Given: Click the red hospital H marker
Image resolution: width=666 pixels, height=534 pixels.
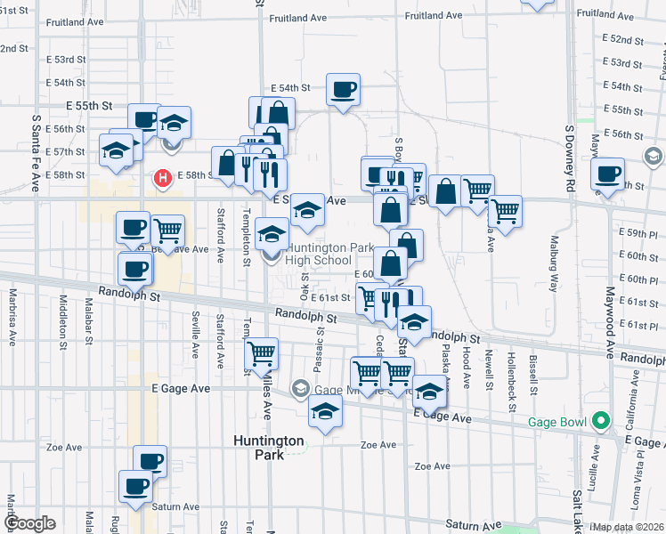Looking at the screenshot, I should click(x=163, y=179).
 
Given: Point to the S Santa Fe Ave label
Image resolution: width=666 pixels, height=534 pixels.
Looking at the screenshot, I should click(x=37, y=152).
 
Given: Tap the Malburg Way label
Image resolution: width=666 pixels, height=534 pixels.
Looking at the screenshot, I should click(x=552, y=271).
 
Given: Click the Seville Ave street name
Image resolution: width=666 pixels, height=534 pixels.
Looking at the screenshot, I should click(x=195, y=335).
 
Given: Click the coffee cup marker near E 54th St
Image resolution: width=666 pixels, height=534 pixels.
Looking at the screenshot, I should click(x=343, y=90).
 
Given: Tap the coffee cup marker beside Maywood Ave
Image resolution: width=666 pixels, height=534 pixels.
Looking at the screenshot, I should click(x=609, y=174).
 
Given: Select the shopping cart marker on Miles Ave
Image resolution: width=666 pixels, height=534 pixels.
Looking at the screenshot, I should click(x=262, y=354).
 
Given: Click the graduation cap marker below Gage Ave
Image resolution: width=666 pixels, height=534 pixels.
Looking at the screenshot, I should click(x=326, y=413).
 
